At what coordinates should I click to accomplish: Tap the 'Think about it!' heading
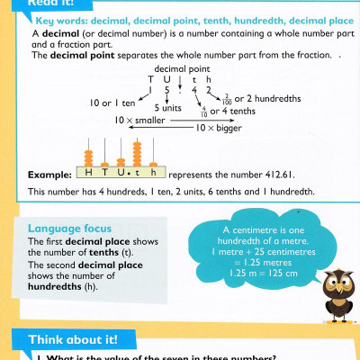click(63, 339)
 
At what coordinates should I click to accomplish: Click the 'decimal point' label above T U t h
click(175, 69)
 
